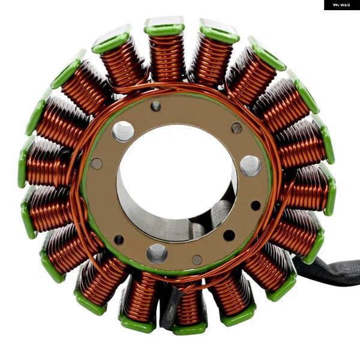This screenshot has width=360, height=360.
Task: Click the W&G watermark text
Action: click(x=341, y=5)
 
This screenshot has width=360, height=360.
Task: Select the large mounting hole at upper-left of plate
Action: click(x=123, y=131)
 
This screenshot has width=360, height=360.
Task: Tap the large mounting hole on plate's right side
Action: click(x=250, y=166)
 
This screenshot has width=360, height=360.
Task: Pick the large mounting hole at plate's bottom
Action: click(x=157, y=253)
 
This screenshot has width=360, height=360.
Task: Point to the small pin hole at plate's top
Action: click(x=155, y=106)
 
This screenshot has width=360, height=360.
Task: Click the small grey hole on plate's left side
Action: click(x=97, y=163)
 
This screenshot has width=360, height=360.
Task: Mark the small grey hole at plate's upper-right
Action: click(x=236, y=128)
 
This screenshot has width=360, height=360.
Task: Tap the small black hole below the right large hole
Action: click(x=256, y=205)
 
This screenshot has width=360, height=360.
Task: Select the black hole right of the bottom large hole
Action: click(x=229, y=235)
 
